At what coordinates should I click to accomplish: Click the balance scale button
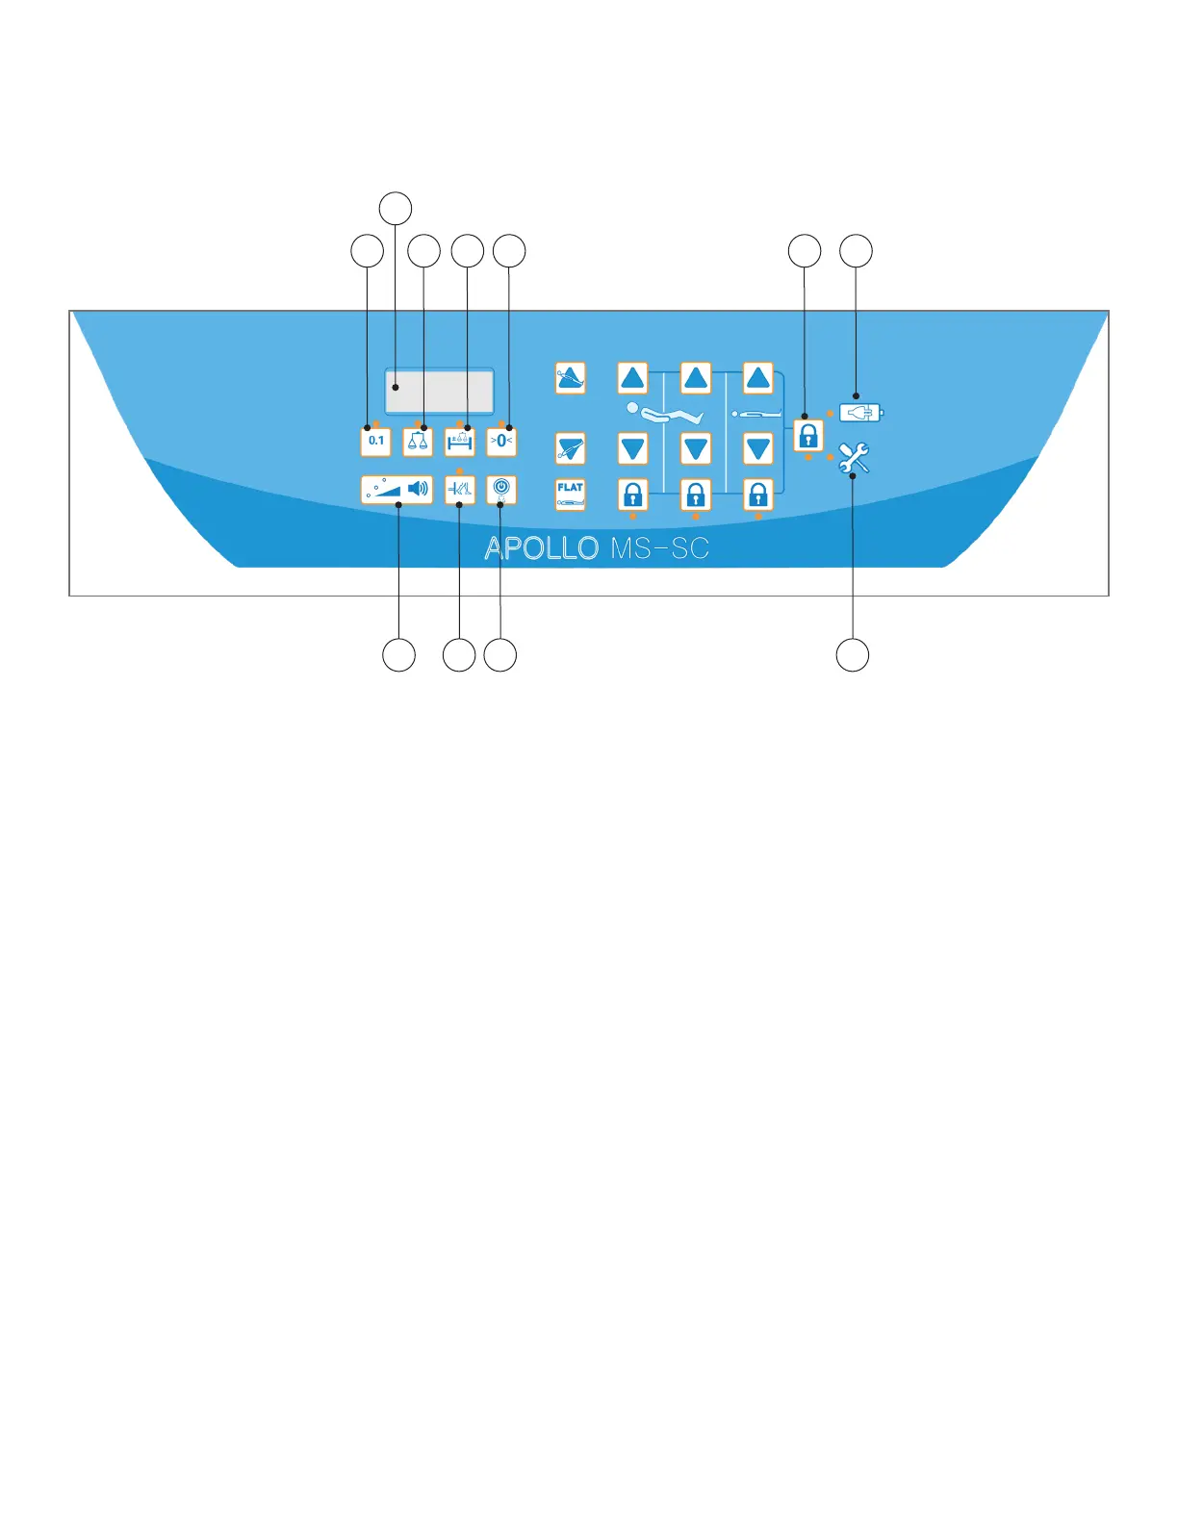tap(418, 442)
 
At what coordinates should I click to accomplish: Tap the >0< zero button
tap(501, 442)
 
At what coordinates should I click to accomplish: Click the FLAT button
tap(571, 494)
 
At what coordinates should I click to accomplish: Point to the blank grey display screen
tap(439, 392)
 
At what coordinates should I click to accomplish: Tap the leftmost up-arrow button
tap(632, 378)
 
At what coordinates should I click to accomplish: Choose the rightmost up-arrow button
tap(758, 378)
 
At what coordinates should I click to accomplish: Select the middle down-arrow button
tap(696, 449)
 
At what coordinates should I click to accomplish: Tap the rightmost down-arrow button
tap(758, 449)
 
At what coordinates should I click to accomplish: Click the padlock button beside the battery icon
tap(808, 436)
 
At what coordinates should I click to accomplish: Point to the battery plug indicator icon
tap(860, 413)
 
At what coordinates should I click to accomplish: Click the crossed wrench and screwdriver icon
tap(854, 458)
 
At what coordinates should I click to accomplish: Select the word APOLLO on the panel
tap(542, 548)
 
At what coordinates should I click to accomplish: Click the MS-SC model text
tap(659, 548)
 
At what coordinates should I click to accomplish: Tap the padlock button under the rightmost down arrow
tap(758, 495)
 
